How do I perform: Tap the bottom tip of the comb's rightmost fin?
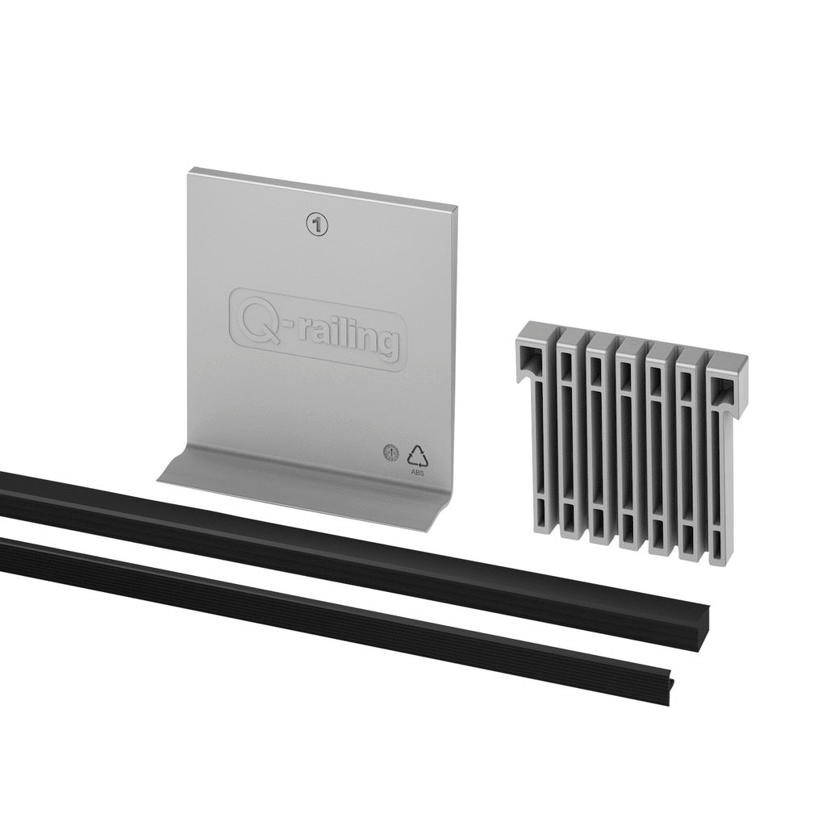(720, 557)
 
